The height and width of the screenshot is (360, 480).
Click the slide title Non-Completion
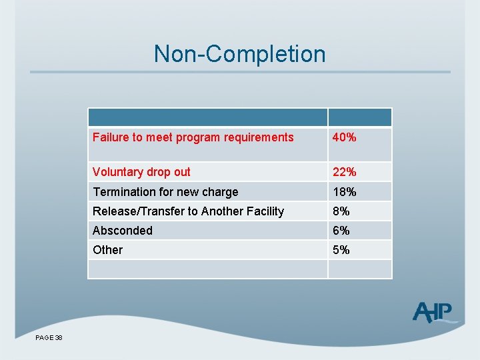[239, 53]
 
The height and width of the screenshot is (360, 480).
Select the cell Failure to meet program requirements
[193, 137]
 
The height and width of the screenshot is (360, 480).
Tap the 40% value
[345, 137]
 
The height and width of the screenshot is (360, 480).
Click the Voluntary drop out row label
[141, 172]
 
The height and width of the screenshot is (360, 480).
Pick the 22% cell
[345, 172]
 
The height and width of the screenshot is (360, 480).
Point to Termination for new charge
[165, 192]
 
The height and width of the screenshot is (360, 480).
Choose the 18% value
[345, 192]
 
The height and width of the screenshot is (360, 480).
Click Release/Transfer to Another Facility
[188, 211]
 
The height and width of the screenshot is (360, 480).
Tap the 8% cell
[341, 211]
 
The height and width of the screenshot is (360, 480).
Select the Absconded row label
[123, 231]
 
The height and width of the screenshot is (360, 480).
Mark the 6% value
[341, 231]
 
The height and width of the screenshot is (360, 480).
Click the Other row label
[108, 250]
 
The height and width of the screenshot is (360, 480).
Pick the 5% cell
[341, 250]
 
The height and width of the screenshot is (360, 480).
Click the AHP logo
[433, 312]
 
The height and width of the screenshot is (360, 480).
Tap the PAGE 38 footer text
[49, 338]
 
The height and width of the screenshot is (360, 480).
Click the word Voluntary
[118, 172]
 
